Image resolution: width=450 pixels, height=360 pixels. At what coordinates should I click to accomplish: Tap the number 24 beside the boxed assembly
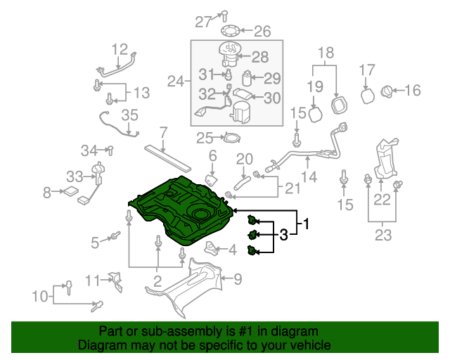pos(175,82)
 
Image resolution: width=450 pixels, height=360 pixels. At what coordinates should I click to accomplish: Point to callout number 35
pos(130,115)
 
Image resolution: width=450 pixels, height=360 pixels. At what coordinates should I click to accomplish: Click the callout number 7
pos(163,131)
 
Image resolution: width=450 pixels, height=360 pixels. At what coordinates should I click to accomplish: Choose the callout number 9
pos(238,279)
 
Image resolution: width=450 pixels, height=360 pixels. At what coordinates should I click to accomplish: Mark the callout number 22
pos(382,200)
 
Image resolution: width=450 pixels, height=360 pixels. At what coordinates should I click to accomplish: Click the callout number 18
pos(326,53)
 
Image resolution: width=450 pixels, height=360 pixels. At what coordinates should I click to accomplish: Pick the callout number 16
pos(412,90)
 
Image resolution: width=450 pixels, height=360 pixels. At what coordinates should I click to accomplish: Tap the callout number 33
pos(75,176)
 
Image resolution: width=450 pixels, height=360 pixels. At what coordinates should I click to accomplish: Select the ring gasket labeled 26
pos(230,30)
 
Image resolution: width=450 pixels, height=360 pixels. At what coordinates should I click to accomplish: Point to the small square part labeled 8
pos(71,191)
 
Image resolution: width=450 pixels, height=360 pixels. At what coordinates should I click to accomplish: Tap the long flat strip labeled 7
pos(169,155)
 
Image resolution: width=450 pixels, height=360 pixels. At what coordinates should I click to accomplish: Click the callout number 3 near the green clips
pos(283,235)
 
